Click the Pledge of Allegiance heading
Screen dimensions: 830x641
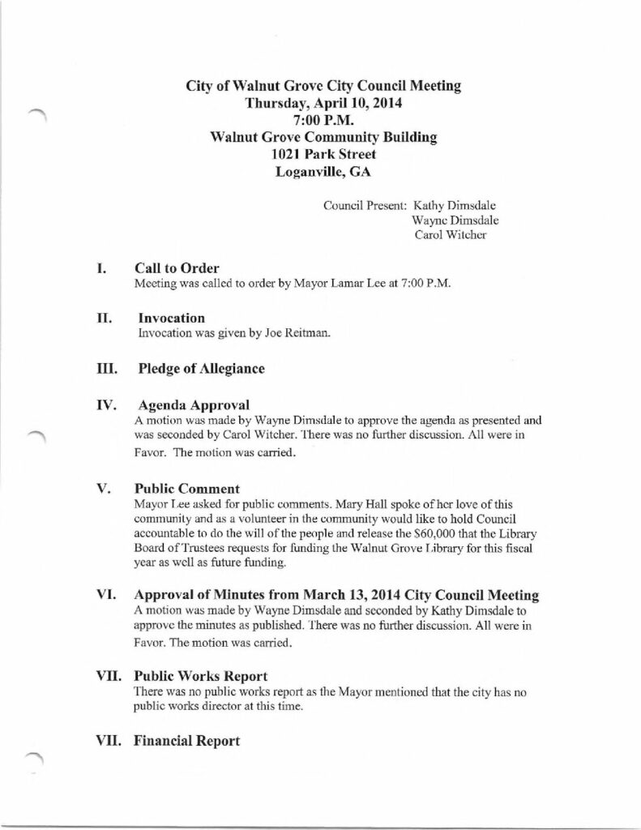click(202, 369)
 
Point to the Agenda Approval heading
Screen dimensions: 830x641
click(187, 404)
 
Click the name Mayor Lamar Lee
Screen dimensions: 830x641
click(331, 284)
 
